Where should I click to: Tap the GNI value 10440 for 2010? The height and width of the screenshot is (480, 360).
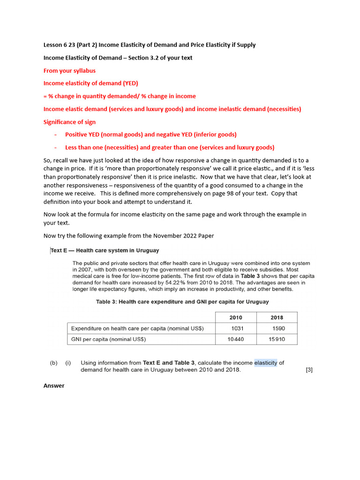235,339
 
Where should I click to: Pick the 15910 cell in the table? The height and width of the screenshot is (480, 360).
277,339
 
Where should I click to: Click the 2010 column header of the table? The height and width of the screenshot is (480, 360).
236,317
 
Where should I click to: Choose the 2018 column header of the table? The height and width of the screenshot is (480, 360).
277,317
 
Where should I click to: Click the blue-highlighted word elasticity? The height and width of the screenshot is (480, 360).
266,362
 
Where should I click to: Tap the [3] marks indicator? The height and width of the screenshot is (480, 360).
309,370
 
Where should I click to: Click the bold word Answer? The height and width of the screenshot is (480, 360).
54,386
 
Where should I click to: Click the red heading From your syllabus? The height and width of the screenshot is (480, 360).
69,71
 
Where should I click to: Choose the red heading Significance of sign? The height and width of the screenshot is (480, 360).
69,122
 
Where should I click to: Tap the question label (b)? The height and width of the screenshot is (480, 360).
54,363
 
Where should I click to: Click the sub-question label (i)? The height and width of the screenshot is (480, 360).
68,363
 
